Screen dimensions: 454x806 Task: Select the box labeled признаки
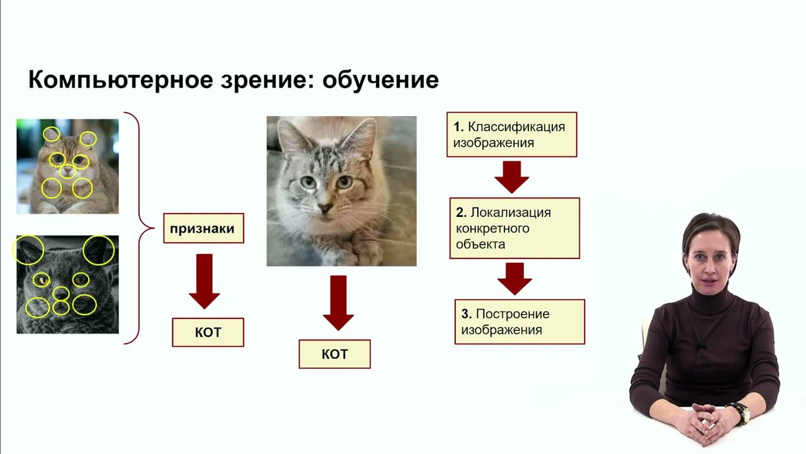(x=203, y=228)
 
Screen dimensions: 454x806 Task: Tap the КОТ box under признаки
(x=208, y=332)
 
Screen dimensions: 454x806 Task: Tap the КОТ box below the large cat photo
(x=334, y=354)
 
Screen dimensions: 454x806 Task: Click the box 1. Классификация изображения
(x=511, y=134)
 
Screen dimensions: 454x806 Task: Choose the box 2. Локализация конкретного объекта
(x=514, y=228)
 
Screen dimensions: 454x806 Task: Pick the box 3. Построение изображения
(x=519, y=322)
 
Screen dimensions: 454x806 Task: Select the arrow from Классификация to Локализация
(x=511, y=177)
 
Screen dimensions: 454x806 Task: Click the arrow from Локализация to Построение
(x=514, y=278)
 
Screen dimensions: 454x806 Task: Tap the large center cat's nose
(x=326, y=206)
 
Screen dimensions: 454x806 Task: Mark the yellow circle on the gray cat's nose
(x=60, y=293)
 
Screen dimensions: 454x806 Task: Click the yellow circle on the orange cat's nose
(x=67, y=171)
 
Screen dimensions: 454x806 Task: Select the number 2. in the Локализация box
(x=461, y=212)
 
